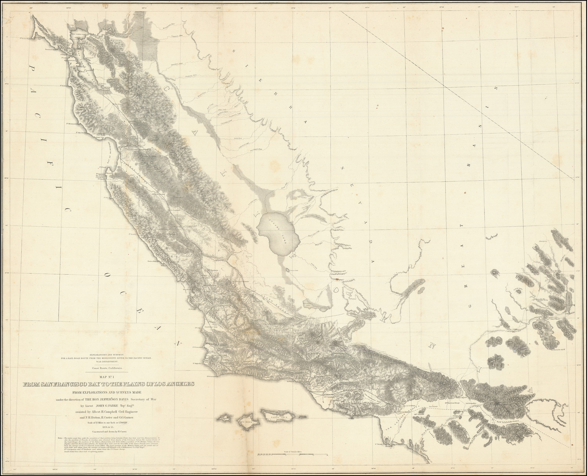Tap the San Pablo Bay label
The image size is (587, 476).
[x=85, y=32]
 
